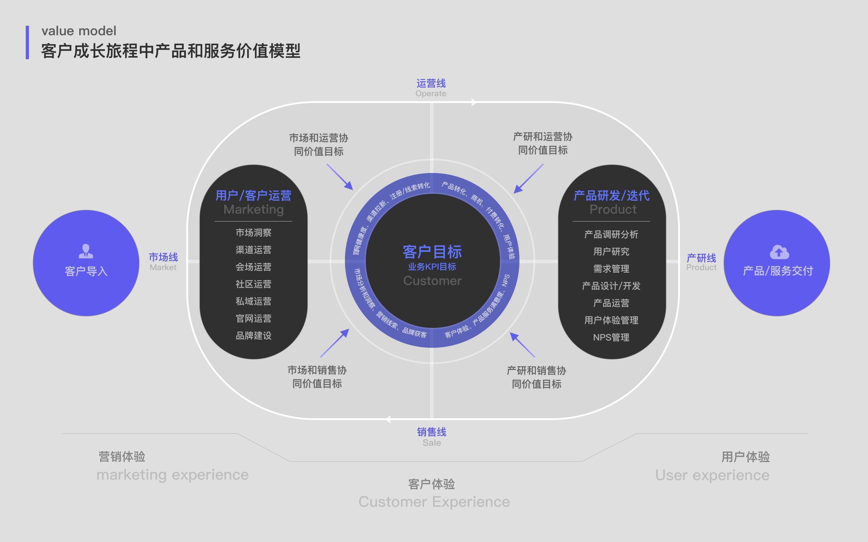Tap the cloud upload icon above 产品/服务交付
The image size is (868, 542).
click(779, 252)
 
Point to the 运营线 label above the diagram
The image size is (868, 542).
click(431, 84)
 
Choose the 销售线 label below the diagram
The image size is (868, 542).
click(432, 432)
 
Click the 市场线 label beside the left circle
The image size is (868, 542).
click(163, 257)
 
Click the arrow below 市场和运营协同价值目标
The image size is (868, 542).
click(340, 177)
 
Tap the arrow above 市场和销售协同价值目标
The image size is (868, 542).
click(335, 343)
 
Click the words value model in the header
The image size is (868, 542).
click(79, 31)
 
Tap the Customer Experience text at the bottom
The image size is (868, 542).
click(434, 502)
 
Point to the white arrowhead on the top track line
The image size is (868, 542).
click(474, 103)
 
